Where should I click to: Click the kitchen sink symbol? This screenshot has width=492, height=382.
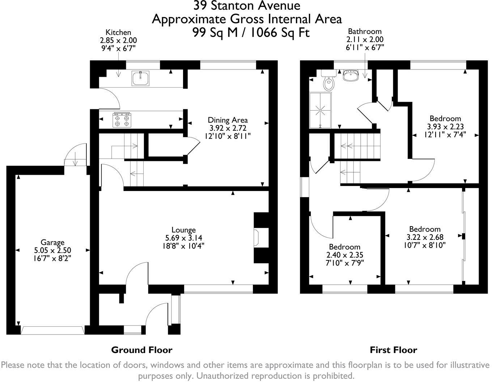[141, 78]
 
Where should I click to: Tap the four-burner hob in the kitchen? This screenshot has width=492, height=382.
[122, 120]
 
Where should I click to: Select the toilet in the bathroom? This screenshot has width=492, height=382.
[329, 83]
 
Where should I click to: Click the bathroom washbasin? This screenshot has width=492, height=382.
[350, 76]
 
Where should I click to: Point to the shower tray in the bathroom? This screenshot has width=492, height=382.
[320, 110]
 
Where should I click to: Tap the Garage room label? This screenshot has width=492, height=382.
[52, 242]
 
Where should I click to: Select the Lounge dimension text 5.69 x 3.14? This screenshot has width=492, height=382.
[184, 238]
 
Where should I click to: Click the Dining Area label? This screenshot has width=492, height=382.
[228, 120]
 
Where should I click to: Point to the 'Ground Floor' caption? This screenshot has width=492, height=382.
[141, 350]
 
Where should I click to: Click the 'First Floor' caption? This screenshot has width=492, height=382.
[393, 350]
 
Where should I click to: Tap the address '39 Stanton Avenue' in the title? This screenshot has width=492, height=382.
[246, 6]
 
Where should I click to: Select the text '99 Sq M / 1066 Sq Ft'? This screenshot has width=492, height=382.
[251, 33]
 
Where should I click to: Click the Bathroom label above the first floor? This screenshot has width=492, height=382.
[365, 31]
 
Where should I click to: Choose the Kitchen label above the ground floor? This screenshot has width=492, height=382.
[118, 33]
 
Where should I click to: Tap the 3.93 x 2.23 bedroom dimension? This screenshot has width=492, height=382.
[445, 127]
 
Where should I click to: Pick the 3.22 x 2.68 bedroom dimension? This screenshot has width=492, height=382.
[425, 237]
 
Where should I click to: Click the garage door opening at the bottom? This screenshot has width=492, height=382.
[53, 330]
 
